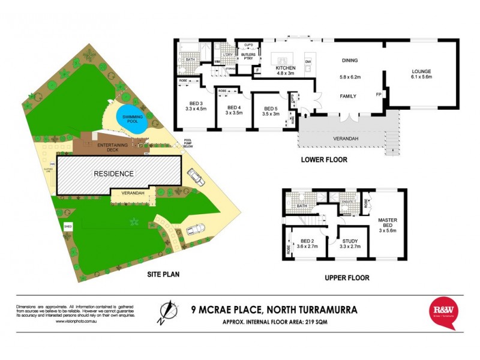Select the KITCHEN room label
pos(286,68)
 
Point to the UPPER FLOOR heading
pos(347,278)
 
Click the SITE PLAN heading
pos(164,275)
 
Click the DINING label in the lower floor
pos(350,61)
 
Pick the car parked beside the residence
pos(196,176)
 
